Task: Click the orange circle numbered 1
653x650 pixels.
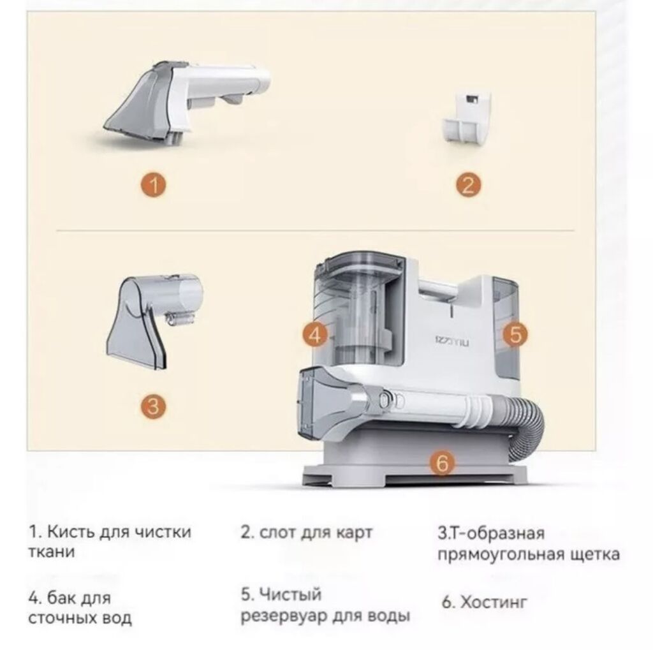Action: [153, 186]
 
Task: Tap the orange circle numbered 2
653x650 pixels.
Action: [467, 186]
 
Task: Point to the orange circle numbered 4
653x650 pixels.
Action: [315, 334]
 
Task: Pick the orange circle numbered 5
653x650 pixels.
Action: [515, 332]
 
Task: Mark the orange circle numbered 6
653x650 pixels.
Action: [442, 464]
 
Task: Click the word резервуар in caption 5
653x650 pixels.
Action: [294, 616]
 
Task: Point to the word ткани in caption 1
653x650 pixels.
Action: [51, 552]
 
